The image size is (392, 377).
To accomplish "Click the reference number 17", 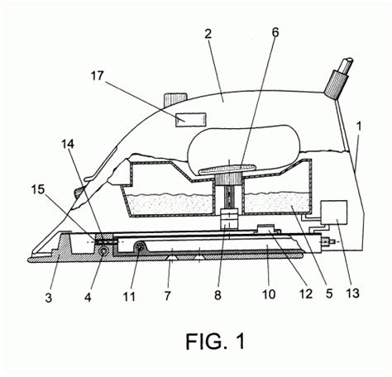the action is pyautogui.click(x=98, y=75).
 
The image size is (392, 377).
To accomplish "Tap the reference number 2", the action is pyautogui.click(x=208, y=34).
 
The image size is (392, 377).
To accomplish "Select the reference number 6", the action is pyautogui.click(x=275, y=32).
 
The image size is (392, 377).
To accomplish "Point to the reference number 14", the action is pyautogui.click(x=68, y=144).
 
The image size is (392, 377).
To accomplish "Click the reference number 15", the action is pyautogui.click(x=38, y=189).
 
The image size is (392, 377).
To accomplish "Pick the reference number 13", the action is pyautogui.click(x=353, y=293).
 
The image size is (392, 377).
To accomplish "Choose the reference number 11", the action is pyautogui.click(x=129, y=297).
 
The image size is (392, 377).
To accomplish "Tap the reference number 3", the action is pyautogui.click(x=49, y=298).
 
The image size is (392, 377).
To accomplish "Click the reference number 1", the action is pyautogui.click(x=359, y=126).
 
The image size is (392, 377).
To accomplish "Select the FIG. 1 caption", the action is pyautogui.click(x=215, y=341).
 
